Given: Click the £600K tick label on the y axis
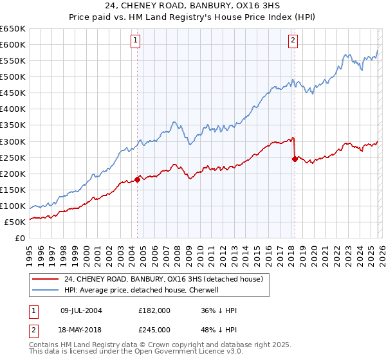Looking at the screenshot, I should (12, 44).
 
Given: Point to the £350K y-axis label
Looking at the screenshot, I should (12, 125).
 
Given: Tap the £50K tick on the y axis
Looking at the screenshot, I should (15, 222).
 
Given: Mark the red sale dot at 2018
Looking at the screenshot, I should (295, 159).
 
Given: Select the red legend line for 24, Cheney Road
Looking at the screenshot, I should (45, 280).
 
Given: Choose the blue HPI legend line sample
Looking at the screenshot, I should (45, 291).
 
